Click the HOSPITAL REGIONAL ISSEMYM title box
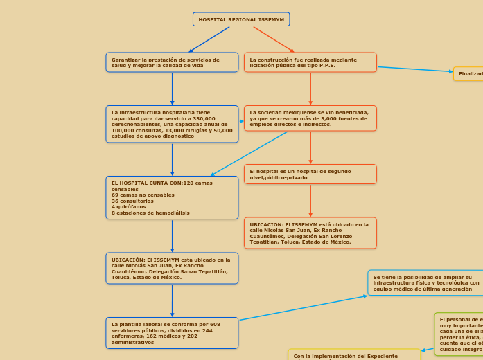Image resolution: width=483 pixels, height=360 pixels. click(x=241, y=19)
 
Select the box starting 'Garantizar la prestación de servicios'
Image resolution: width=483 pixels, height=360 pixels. click(x=172, y=62)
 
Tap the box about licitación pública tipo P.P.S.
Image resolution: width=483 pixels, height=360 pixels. click(x=310, y=62)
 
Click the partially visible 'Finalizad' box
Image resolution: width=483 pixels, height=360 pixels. click(x=469, y=73)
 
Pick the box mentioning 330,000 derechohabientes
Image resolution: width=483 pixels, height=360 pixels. click(x=172, y=124)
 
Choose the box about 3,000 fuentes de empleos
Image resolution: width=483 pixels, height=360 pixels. click(x=310, y=118)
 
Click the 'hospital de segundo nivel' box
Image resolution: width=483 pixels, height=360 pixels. click(x=310, y=174)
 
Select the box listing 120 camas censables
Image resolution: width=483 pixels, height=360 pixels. click(x=172, y=197)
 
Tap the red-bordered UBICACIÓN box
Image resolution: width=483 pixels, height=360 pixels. click(x=310, y=233)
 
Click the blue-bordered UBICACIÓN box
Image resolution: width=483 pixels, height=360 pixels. click(x=172, y=268)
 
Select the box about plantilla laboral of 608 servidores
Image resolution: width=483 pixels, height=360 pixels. click(x=172, y=333)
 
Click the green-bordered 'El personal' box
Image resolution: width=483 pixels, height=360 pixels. click(x=459, y=334)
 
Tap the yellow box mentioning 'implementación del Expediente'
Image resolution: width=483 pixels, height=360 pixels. click(x=354, y=355)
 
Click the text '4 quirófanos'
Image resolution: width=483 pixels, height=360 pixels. click(x=129, y=206)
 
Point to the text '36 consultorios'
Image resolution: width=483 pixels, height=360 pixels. click(x=133, y=201)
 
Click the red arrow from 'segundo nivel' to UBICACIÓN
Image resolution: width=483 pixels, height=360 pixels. click(x=310, y=201)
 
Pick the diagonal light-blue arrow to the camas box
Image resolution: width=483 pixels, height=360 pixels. click(x=249, y=154)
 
